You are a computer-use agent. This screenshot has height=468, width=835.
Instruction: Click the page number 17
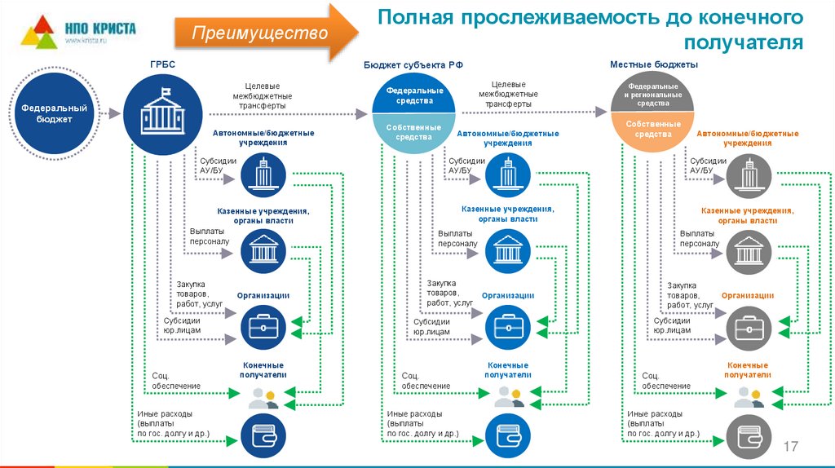pyautogui.click(x=790, y=447)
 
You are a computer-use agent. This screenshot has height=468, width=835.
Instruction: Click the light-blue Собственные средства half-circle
pyautogui.click(x=414, y=131)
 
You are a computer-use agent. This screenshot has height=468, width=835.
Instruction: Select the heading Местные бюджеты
pyautogui.click(x=653, y=64)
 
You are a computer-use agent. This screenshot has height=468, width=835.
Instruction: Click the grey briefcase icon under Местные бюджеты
pyautogui.click(x=748, y=328)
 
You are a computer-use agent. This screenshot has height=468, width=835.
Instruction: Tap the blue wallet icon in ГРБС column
pyautogui.click(x=263, y=433)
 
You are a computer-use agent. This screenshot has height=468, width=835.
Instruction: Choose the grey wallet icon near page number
pyautogui.click(x=748, y=433)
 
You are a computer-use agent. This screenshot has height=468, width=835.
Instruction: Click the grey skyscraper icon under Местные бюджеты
pyautogui.click(x=748, y=174)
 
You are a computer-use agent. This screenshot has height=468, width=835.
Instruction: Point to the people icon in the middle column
pyautogui.click(x=507, y=397)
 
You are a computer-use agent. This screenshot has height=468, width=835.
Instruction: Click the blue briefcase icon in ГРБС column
pyautogui.click(x=263, y=328)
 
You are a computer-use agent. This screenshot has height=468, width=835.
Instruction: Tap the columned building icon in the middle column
pyautogui.click(x=507, y=251)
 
